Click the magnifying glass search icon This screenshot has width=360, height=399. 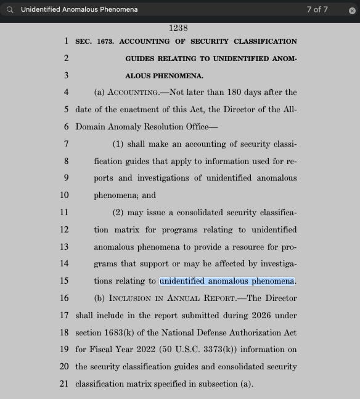coord(9,10)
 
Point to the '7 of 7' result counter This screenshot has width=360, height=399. coord(317,10)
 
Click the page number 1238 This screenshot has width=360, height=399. coord(178,28)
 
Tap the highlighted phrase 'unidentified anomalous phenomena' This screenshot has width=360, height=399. coord(227,281)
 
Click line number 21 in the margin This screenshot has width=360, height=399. coord(64,384)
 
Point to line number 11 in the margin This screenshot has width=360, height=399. coord(64,212)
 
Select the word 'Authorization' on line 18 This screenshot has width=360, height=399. coord(255,332)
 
